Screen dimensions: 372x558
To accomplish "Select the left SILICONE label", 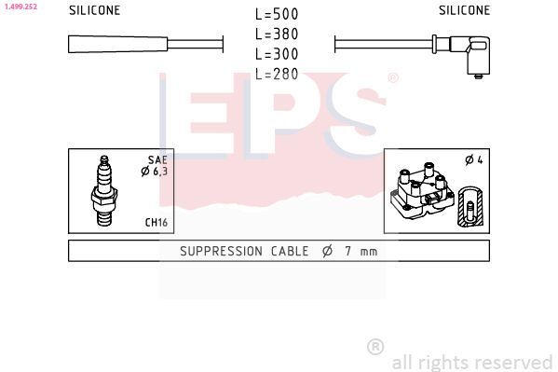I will tap(95, 10).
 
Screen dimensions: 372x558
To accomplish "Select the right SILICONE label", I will tap(464, 10).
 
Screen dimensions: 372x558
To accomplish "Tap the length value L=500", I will tap(277, 15).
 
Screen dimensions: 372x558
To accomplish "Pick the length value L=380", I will tap(277, 34).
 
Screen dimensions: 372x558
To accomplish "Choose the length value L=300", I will tap(277, 54).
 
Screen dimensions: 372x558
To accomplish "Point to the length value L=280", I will tap(277, 74).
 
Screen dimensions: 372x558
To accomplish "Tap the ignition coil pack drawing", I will tap(424, 193).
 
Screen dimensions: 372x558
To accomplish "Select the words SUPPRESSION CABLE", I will tap(239, 251).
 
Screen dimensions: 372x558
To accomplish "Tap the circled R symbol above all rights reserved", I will tap(375, 347).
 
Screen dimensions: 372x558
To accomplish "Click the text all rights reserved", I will tap(471, 362).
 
